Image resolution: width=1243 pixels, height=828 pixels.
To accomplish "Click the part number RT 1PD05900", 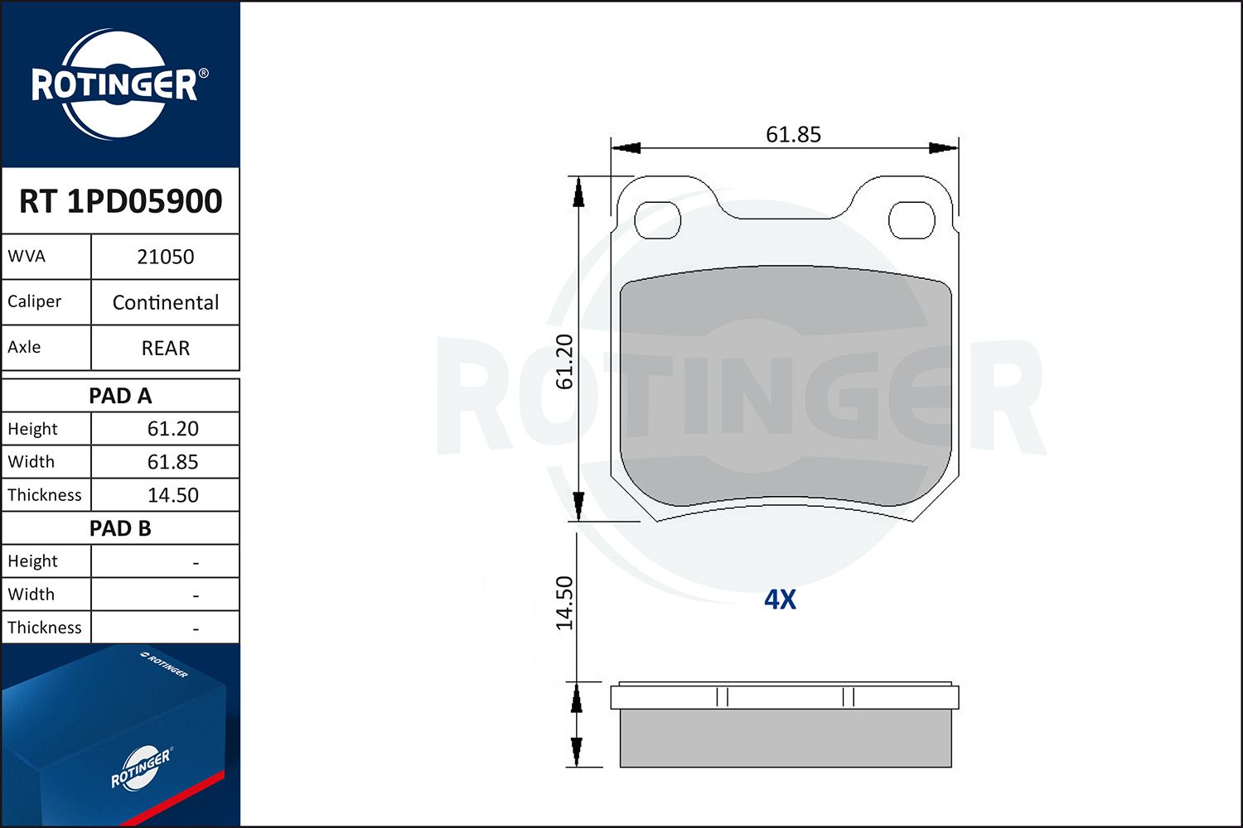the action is pyautogui.click(x=120, y=200).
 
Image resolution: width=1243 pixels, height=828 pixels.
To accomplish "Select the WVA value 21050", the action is pyautogui.click(x=166, y=257).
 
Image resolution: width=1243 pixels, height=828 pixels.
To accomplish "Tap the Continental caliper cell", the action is pyautogui.click(x=166, y=302).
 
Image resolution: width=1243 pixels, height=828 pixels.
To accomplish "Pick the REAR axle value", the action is pyautogui.click(x=166, y=348).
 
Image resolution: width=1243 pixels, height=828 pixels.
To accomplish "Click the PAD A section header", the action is pyautogui.click(x=120, y=396).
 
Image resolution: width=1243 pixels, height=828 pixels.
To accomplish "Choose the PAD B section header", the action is pyautogui.click(x=120, y=528).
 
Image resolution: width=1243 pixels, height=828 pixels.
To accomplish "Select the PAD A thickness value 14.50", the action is pyautogui.click(x=172, y=494).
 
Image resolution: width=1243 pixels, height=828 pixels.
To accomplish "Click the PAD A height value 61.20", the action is pyautogui.click(x=172, y=429).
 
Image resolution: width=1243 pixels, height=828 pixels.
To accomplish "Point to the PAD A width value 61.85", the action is pyautogui.click(x=172, y=461).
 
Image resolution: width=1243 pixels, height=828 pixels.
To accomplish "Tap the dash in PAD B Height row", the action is pyautogui.click(x=196, y=563).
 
